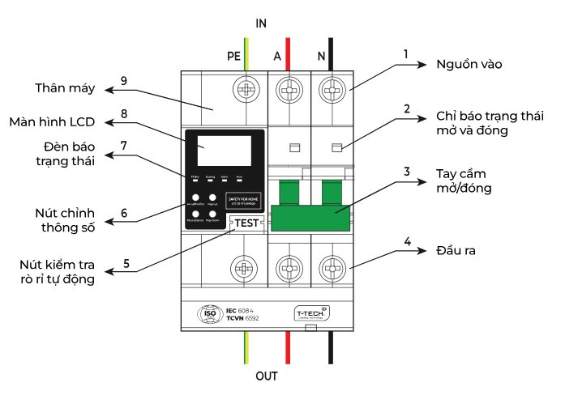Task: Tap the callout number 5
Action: point(126,263)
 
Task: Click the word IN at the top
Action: point(261,23)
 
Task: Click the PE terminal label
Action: point(233,56)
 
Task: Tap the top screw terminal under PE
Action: point(245,88)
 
